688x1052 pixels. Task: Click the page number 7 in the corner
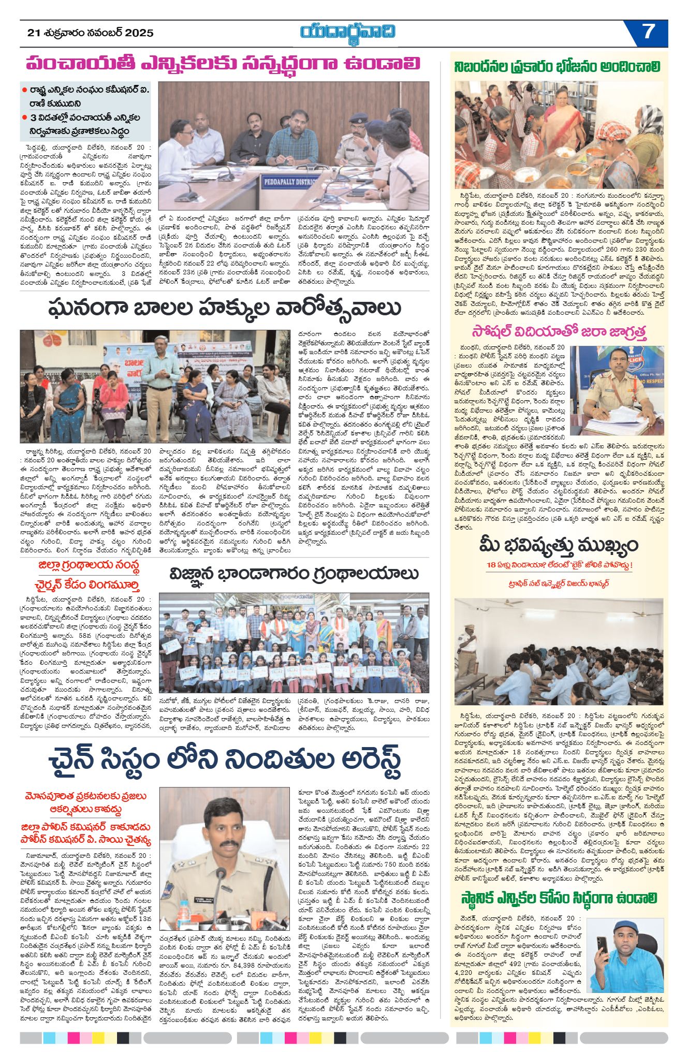(648, 32)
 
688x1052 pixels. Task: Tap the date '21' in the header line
(34, 33)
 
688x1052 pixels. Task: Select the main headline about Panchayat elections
(223, 64)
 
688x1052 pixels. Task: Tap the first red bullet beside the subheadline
(24, 90)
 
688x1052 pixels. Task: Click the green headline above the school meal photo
(558, 67)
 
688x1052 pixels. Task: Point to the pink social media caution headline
(559, 332)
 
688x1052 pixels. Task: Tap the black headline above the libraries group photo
(294, 574)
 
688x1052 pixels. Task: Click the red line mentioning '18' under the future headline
(559, 565)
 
